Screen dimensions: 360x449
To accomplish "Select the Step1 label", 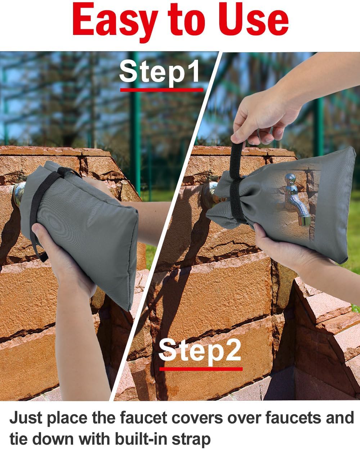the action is (159, 72).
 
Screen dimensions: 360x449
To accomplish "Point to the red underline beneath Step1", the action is (162, 90).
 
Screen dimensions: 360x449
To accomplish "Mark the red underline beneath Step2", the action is (201, 369).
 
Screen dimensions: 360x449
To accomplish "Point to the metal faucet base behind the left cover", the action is (19, 194).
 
